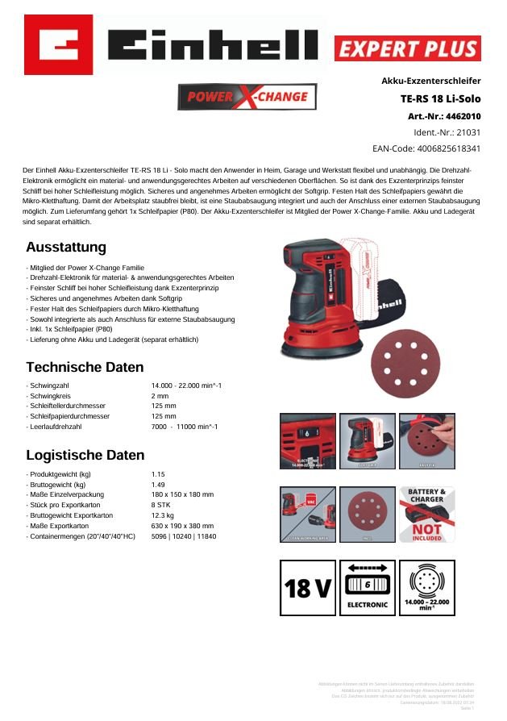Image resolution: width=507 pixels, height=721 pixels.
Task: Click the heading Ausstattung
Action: [65, 247]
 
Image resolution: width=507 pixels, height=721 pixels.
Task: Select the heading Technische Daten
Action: [85, 367]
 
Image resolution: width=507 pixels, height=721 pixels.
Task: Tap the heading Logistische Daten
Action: [85, 455]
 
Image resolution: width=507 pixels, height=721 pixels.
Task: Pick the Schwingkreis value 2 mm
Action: [160, 396]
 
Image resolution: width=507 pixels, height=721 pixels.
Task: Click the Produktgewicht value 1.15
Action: [160, 474]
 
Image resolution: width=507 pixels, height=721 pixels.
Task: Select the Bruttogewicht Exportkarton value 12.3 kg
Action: [163, 515]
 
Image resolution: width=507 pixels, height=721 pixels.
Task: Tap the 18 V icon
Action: [307, 588]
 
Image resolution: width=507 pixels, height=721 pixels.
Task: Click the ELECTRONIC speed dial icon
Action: [368, 588]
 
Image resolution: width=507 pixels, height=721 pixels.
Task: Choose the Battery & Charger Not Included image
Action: [426, 514]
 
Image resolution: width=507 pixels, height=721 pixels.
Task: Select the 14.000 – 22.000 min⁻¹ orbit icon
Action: [427, 588]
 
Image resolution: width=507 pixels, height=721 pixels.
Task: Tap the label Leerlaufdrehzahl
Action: [55, 426]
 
